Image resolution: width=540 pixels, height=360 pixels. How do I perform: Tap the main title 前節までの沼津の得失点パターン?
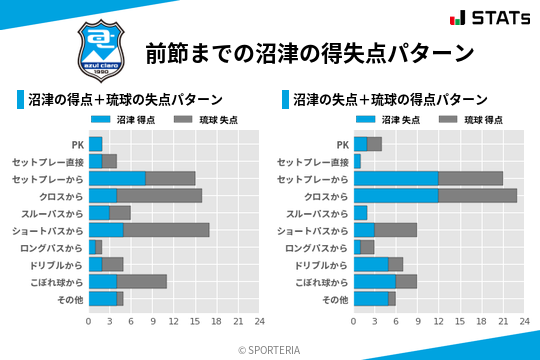[x=309, y=51]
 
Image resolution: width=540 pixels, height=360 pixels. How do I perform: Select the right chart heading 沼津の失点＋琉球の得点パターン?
[x=390, y=100]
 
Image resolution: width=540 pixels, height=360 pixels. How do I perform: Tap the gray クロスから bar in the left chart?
[x=159, y=195]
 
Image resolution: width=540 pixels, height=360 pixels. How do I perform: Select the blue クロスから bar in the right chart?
[x=396, y=195]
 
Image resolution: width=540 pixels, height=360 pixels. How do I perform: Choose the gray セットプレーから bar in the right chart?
[x=470, y=178]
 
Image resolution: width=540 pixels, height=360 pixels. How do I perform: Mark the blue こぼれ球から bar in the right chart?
[x=375, y=281]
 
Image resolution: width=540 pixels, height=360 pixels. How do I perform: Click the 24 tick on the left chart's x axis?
[x=259, y=321]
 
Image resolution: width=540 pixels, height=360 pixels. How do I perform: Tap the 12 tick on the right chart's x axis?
[x=438, y=321]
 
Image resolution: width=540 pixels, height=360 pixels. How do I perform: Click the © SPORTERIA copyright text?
[x=270, y=349]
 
